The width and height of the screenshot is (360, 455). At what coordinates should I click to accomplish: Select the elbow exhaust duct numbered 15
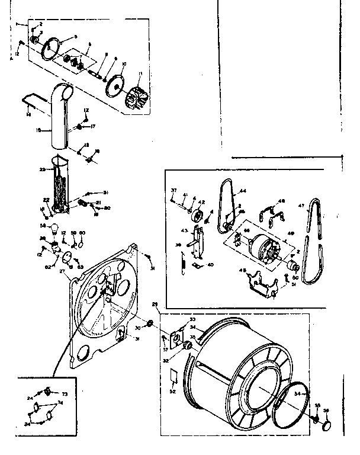59,121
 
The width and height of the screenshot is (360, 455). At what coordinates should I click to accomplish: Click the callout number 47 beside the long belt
301,206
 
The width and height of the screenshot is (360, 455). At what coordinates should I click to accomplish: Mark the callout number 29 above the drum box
155,305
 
